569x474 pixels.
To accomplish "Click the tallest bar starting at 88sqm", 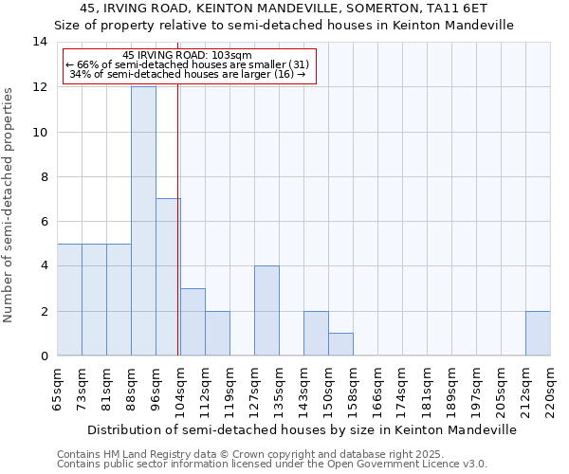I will tap(143, 221).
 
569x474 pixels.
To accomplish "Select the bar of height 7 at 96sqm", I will tap(168, 277).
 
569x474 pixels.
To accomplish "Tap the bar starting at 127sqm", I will tap(266, 311).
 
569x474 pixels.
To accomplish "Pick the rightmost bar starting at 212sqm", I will tap(538, 334).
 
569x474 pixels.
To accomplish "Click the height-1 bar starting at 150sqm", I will tap(340, 344).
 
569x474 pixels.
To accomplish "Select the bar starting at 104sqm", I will tap(193, 322).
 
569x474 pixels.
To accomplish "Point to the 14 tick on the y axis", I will tap(40, 42).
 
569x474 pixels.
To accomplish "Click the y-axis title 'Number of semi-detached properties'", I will tap(9, 204).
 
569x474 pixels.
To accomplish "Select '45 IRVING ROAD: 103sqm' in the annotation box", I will tap(188, 56).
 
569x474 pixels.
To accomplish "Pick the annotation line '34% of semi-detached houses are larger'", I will tap(188, 74).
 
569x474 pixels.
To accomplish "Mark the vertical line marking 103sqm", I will tap(178, 218).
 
